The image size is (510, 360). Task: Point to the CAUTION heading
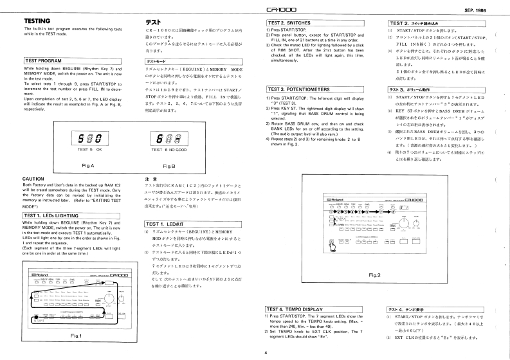tap(33, 179)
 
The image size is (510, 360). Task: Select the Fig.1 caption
tap(76, 336)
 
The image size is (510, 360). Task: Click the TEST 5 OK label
tap(86, 149)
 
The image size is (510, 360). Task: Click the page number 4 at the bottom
tap(266, 352)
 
